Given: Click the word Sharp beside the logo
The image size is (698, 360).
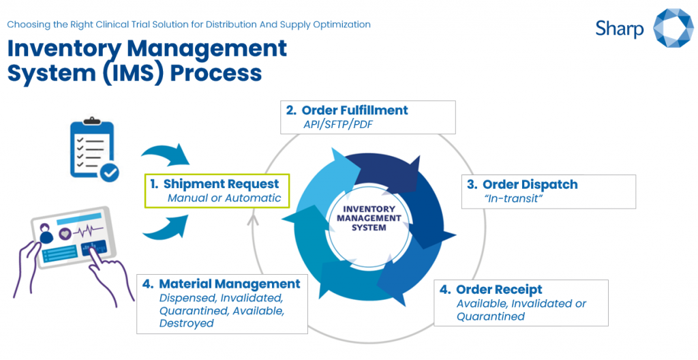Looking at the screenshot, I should point(619,28).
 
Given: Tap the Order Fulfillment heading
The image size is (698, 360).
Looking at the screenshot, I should point(354,110).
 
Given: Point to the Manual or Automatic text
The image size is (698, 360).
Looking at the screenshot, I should point(224,198).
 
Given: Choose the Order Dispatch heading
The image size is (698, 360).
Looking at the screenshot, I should point(530,185).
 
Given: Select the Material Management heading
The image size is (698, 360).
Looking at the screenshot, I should point(229,284).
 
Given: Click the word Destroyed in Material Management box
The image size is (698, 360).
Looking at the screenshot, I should point(186,323).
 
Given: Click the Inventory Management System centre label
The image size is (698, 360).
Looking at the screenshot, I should point(369,218).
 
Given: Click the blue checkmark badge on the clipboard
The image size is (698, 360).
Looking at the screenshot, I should point(109,172).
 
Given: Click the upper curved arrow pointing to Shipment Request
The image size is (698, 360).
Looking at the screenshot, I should point(168,152).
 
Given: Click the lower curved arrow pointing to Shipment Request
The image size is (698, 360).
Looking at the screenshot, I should point(168,226).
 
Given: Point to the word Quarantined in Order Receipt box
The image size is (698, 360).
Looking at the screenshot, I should point(490,316).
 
